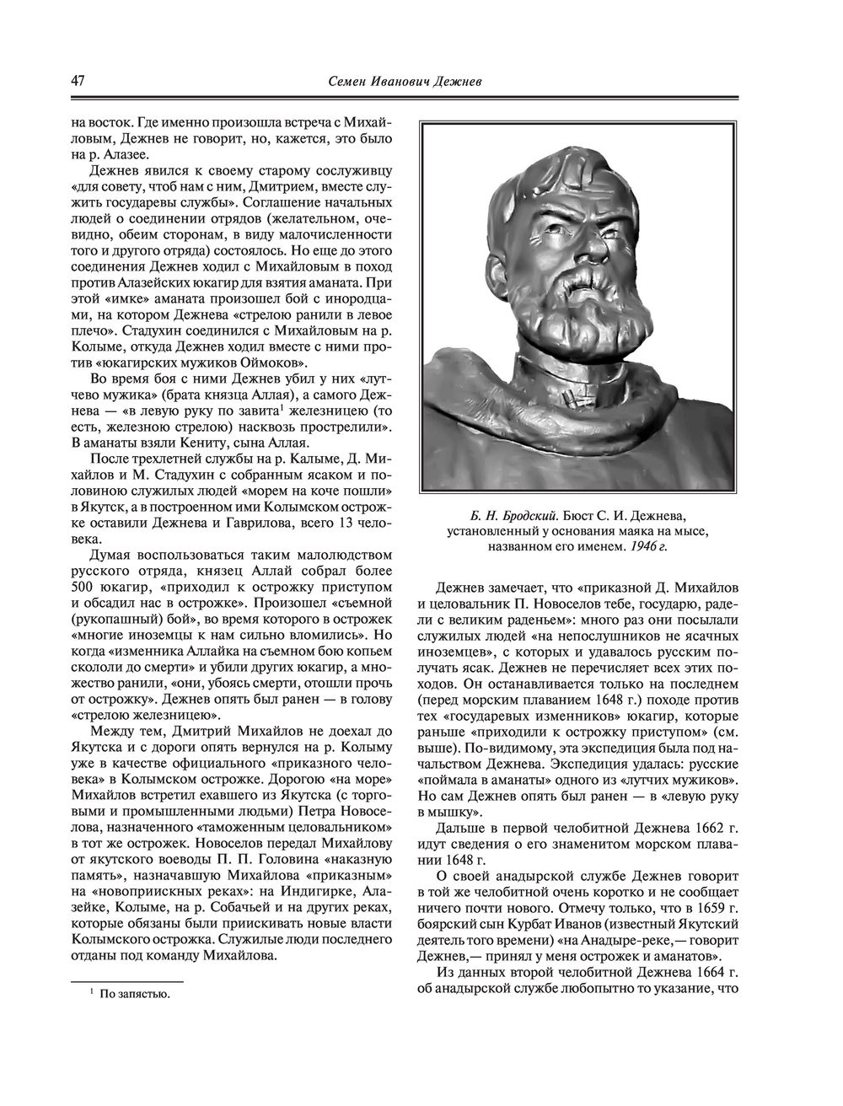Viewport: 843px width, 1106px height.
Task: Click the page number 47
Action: pyautogui.click(x=77, y=82)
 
